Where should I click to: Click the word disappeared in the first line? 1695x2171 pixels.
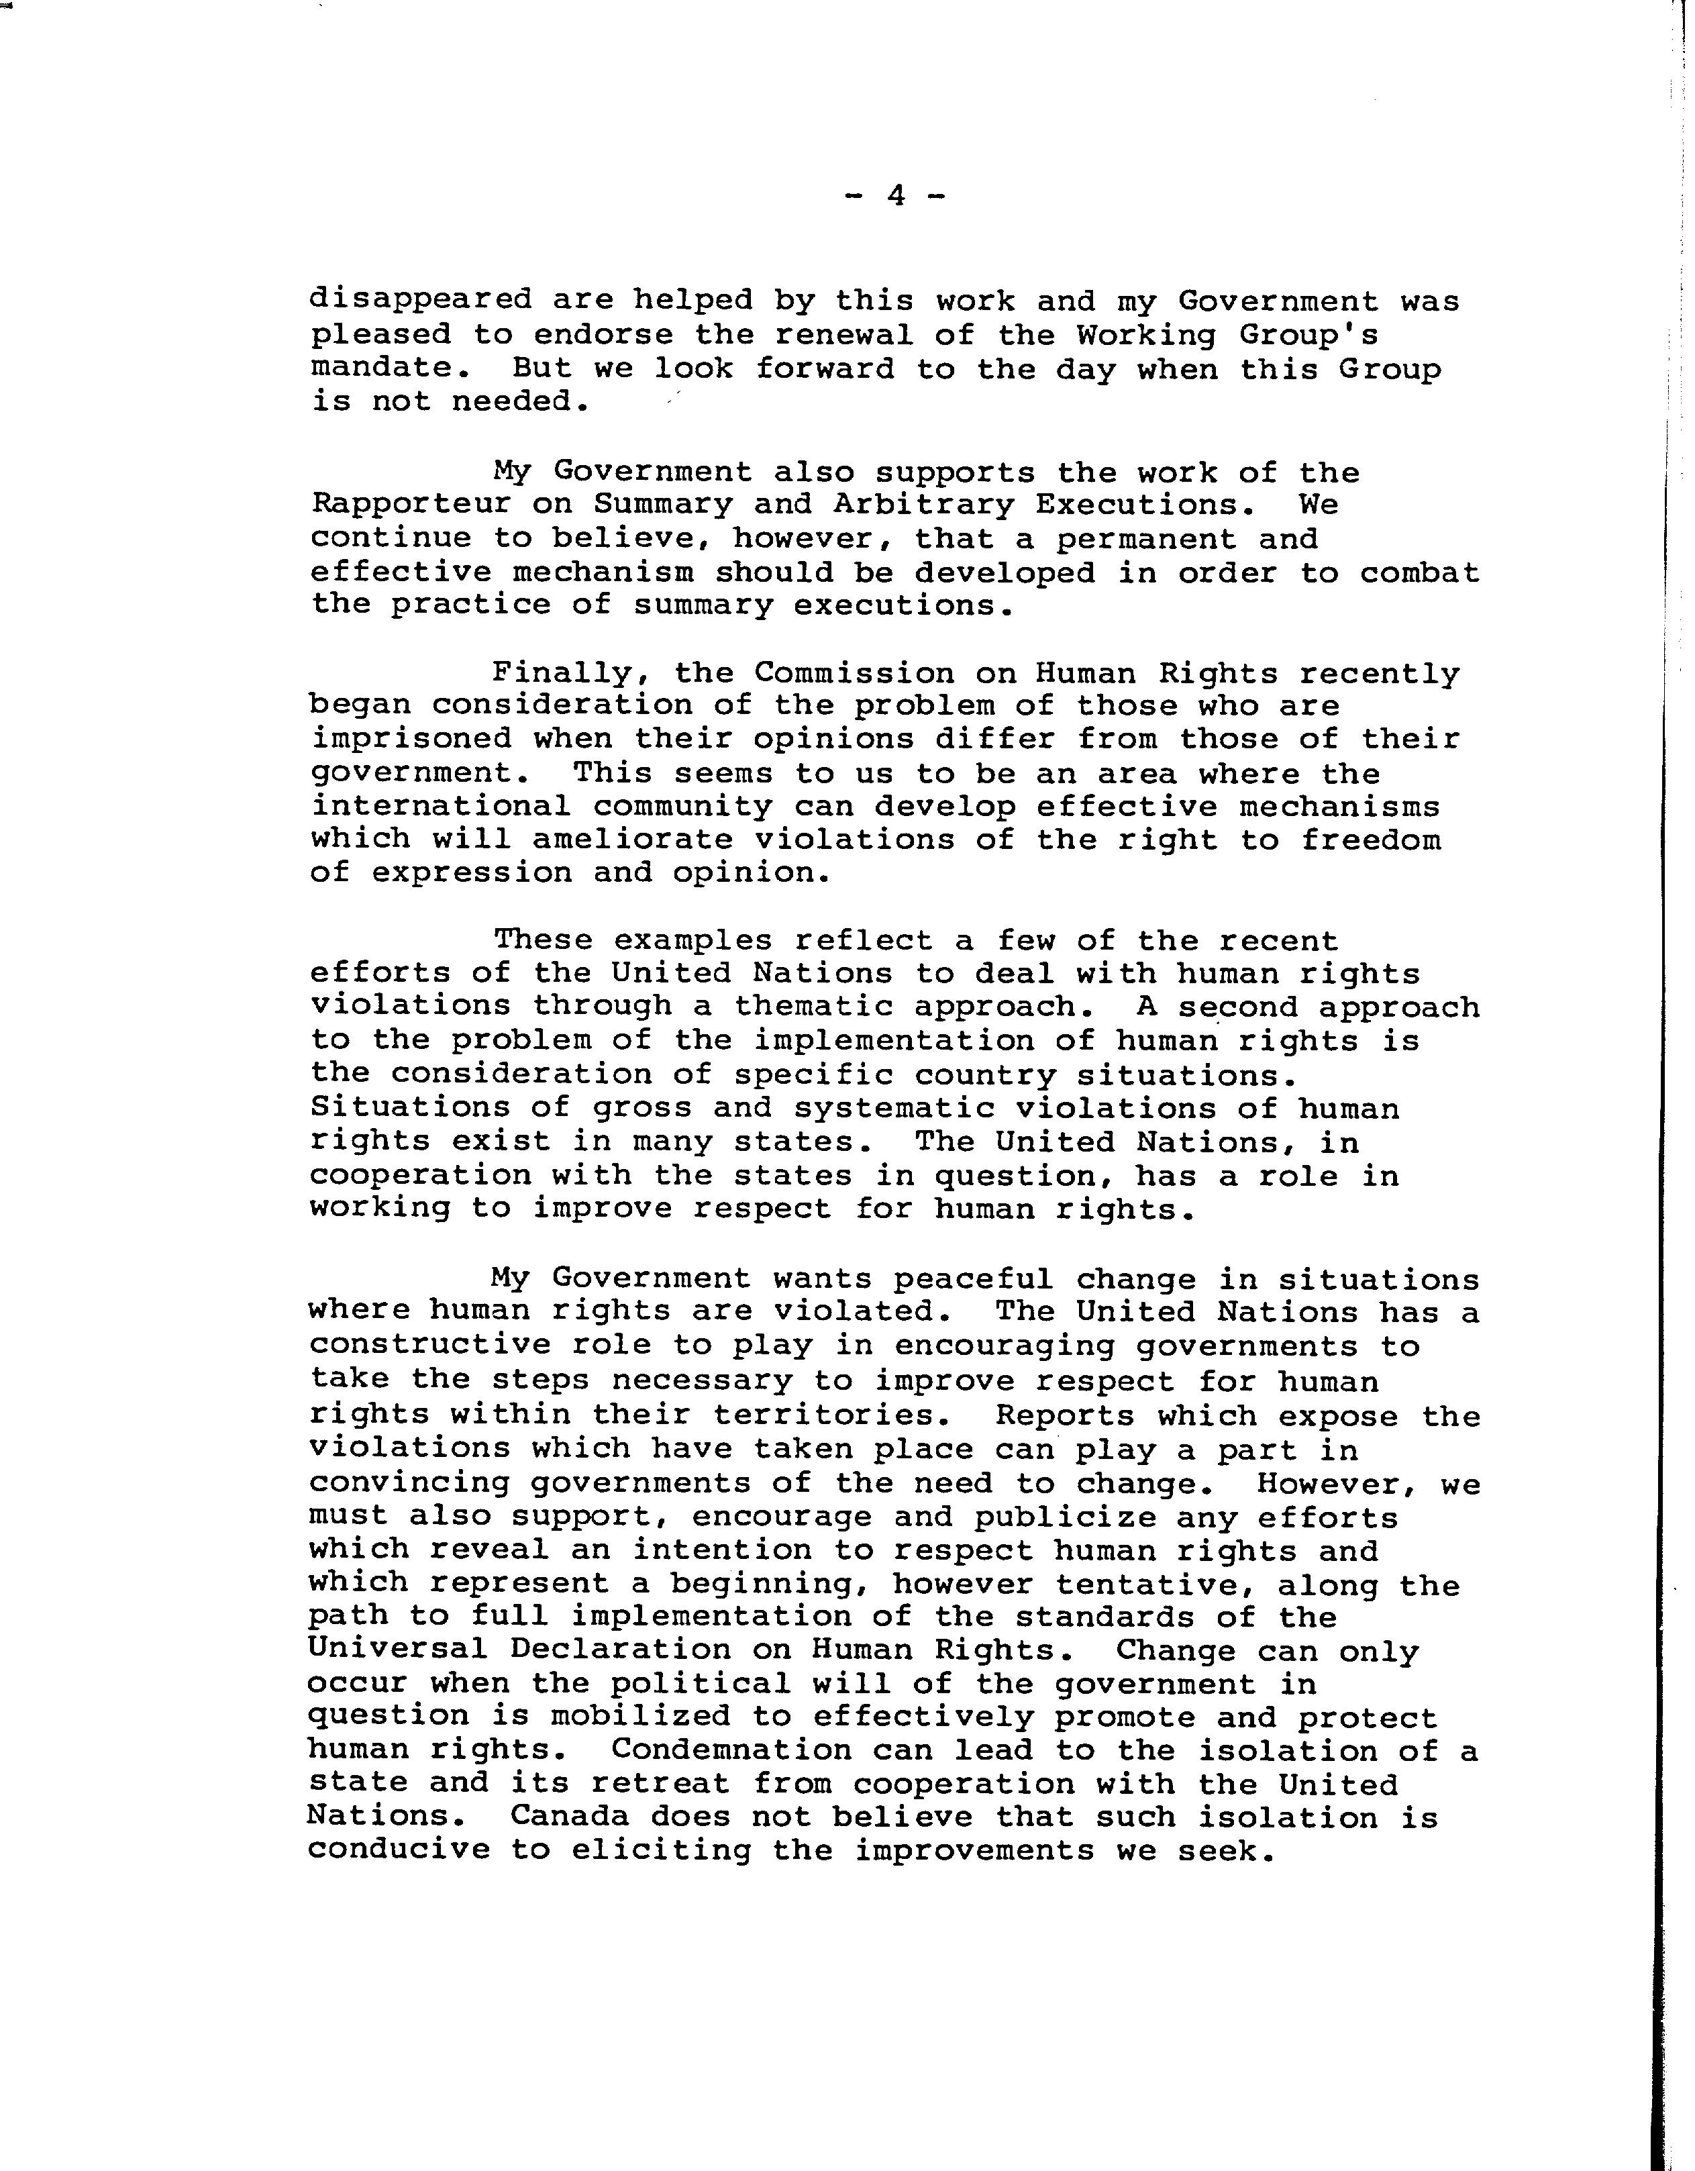pos(421,299)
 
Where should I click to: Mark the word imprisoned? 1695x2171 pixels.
pos(411,740)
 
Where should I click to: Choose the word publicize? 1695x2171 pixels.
pos(1064,1517)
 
